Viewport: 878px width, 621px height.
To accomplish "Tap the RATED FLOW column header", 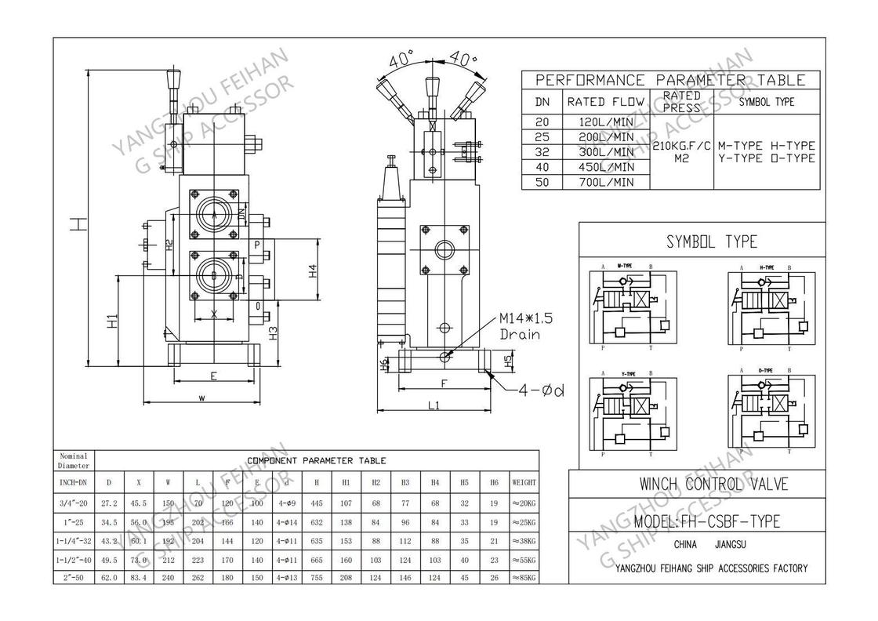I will click(605, 101).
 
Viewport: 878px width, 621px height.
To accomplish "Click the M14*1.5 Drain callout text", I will click(526, 326).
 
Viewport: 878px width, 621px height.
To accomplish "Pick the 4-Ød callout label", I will click(542, 390).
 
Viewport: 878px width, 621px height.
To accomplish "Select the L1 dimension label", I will click(434, 405).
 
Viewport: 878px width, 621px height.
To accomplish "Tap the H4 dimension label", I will click(313, 271).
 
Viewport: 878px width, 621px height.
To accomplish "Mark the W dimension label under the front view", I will click(202, 398).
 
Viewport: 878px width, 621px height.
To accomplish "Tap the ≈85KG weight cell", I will click(524, 577).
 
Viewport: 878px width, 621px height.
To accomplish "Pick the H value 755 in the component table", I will click(316, 577).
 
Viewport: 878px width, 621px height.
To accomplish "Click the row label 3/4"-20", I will click(74, 503).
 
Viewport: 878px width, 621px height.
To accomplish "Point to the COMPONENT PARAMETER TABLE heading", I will click(317, 460).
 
